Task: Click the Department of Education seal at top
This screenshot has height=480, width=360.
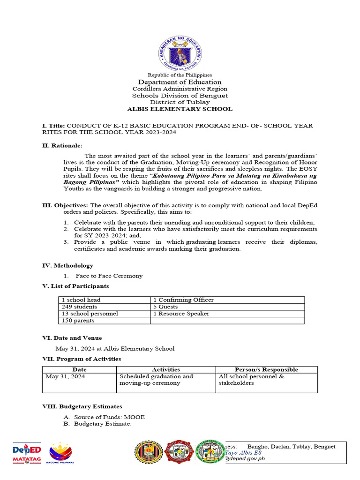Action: coord(180,53)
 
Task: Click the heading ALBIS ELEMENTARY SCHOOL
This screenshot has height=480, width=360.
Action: coord(180,109)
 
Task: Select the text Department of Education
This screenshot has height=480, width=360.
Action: coord(180,82)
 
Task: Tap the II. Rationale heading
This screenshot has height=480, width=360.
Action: coord(62,146)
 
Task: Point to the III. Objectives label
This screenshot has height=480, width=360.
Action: coord(65,205)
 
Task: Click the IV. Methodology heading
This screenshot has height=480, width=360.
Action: coord(67,265)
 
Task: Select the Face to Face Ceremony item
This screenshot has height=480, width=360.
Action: coord(109,276)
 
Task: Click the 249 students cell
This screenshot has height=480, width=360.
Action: coord(80,307)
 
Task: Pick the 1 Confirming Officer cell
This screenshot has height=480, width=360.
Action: coord(183,300)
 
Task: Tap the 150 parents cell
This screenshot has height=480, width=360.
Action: coord(78,321)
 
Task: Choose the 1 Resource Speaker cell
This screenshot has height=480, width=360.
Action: coord(181,314)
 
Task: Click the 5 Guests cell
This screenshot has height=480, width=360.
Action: coord(165,307)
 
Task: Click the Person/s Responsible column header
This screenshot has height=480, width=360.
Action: coord(266,369)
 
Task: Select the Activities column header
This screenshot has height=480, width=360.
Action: coord(165,369)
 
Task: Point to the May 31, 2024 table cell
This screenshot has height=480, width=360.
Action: coord(65,376)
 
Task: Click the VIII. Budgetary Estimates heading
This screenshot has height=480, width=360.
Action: coord(82,406)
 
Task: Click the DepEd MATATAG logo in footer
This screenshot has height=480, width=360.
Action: coord(26,453)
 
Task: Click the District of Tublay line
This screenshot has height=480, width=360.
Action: coord(180,102)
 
